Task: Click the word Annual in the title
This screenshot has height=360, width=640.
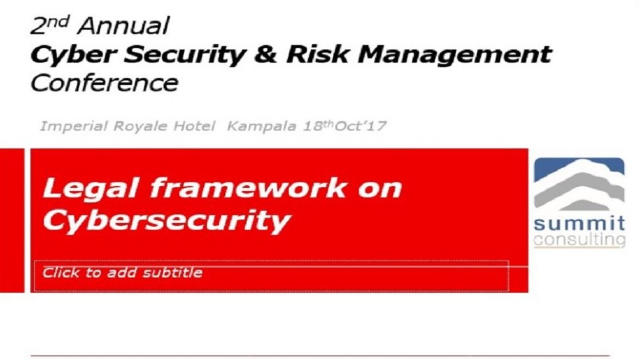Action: pos(123,26)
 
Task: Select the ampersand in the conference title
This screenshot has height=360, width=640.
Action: pos(266,54)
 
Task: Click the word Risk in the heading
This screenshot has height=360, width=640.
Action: pos(317,54)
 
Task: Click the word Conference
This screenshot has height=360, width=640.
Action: pos(105,83)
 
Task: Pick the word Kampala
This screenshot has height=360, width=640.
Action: pos(261,126)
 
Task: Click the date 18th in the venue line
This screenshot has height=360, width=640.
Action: pos(318,126)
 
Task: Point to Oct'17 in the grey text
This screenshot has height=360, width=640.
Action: pos(361,126)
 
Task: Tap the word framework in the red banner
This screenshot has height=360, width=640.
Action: pos(248,188)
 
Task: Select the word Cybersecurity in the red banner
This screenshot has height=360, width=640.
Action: pos(167,222)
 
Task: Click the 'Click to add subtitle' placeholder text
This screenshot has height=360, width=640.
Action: pos(123,272)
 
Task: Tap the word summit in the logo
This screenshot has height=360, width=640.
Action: pos(579,224)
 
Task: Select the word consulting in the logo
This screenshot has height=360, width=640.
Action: pos(579,239)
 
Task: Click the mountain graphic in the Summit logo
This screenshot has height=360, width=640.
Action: pos(579,184)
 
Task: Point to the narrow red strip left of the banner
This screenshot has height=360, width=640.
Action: pos(13,220)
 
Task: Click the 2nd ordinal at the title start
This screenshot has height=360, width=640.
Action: pos(50,25)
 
